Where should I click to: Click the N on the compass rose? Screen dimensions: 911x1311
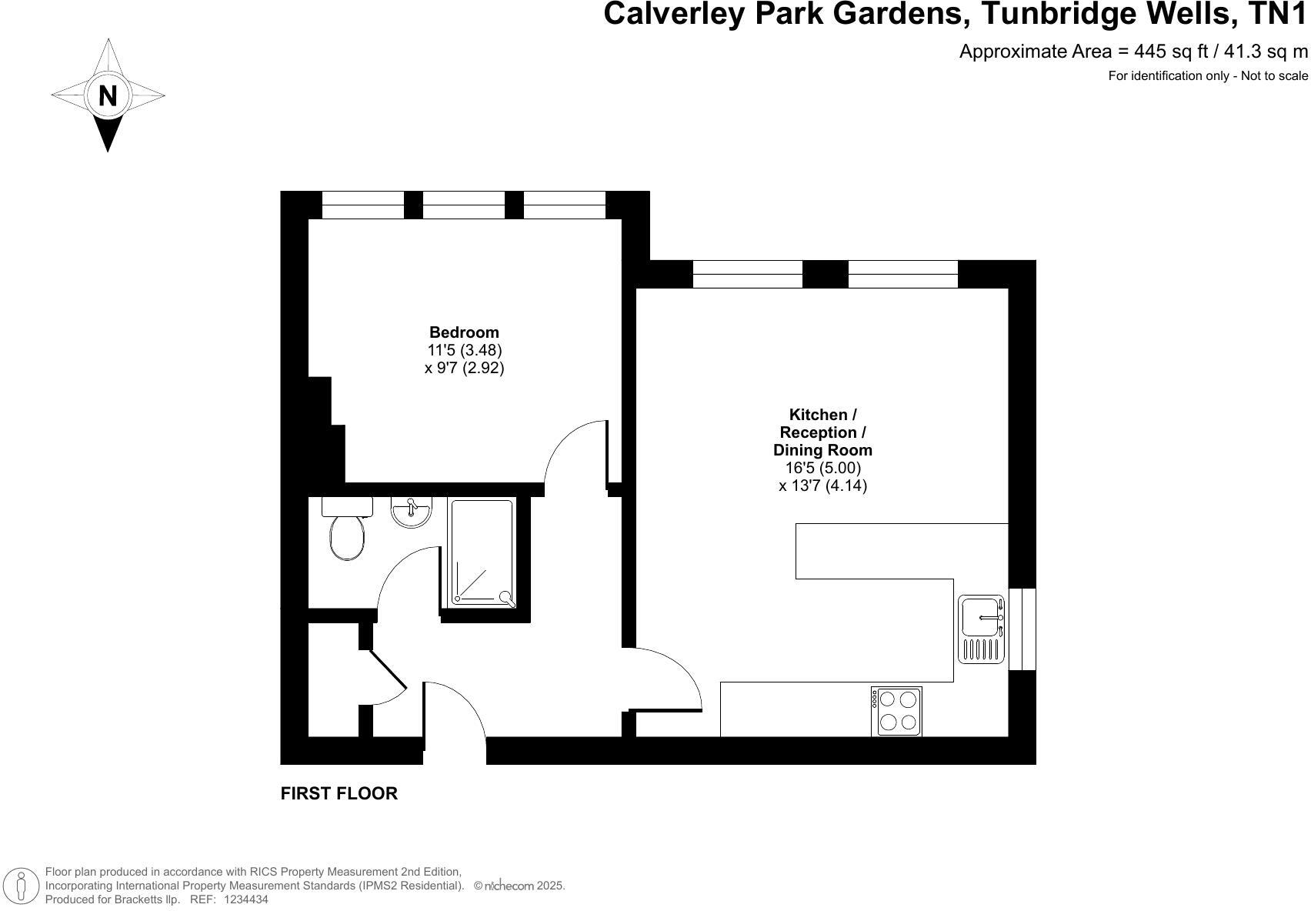[x=108, y=96]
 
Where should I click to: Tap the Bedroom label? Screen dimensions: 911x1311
[x=464, y=332]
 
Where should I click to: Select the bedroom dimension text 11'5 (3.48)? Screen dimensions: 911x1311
[x=464, y=350]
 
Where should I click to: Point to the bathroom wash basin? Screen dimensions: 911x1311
[x=411, y=512]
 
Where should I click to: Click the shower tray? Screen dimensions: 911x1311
[x=482, y=552]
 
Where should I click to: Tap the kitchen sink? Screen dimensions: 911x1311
[x=982, y=629]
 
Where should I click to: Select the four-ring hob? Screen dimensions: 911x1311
[x=897, y=711]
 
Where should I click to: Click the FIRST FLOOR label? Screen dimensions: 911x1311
[x=339, y=793]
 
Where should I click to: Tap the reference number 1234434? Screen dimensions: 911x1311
[x=246, y=899]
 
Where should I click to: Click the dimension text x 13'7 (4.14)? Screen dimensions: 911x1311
[x=822, y=486]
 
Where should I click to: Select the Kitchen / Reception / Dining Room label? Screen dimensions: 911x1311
[x=822, y=432]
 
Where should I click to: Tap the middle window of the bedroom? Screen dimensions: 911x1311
[x=464, y=205]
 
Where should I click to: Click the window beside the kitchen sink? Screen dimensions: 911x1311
[x=1022, y=629]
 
